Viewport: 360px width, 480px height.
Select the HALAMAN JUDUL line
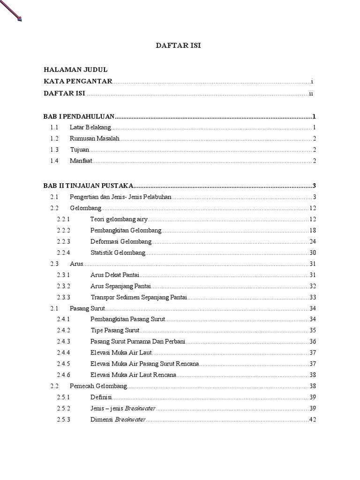75,69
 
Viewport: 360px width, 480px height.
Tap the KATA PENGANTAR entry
78,81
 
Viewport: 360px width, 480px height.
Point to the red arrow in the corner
11,10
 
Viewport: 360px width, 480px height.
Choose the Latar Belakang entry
90,127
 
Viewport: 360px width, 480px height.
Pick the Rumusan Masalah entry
95,139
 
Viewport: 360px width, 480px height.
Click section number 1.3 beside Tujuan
54,150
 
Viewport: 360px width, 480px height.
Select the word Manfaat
81,161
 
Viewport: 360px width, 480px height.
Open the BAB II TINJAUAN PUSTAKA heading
89,185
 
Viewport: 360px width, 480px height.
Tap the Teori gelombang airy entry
119,219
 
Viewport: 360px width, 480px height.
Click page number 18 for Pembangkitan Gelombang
313,231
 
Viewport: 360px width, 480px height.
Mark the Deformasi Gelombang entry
121,241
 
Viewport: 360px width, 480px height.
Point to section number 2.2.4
63,253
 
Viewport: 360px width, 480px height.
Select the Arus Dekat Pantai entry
115,275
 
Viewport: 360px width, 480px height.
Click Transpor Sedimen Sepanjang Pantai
139,297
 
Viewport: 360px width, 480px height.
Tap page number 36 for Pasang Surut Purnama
313,341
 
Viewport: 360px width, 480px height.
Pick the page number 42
313,420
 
